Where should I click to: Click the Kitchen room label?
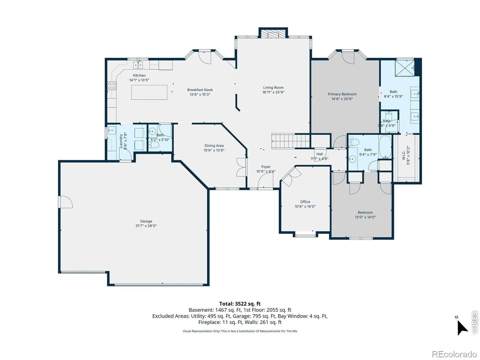point(139,75)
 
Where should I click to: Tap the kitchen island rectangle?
point(149,92)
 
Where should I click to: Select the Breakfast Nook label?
point(200,90)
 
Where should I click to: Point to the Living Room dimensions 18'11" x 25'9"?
point(273,92)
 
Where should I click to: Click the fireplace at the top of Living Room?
point(273,34)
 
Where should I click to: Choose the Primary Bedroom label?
point(342,94)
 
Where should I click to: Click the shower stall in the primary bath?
point(405,68)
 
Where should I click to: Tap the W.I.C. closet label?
point(404,155)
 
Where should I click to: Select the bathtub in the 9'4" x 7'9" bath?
point(385,147)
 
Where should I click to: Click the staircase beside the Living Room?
point(291,141)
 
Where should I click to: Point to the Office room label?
point(305,202)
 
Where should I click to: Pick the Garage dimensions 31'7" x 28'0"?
point(146,226)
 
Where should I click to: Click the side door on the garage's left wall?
point(65,202)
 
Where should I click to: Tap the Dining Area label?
point(214,145)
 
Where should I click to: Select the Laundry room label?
point(121,140)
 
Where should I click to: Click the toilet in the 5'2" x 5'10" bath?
point(154,145)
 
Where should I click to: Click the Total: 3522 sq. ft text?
point(240,304)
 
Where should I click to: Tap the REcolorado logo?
point(454,354)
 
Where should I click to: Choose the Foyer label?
point(266,167)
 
